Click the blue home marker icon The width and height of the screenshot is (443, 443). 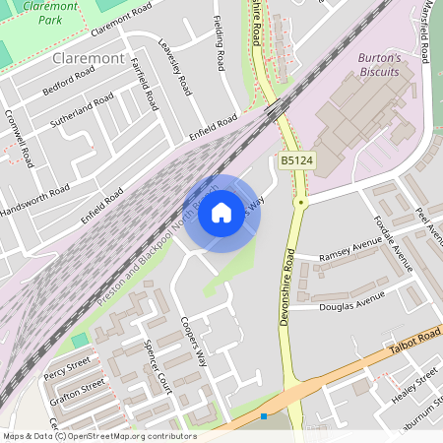pos(221,212)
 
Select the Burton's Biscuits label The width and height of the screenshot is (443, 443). pos(378,64)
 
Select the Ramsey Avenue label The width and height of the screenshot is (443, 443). pos(348,250)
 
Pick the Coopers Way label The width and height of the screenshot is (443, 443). pos(194,340)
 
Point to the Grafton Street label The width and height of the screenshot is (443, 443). pos(73,390)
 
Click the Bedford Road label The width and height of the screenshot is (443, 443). pos(68,82)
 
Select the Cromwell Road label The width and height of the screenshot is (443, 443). pos(18,144)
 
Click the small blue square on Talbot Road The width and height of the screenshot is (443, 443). pos(264,416)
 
